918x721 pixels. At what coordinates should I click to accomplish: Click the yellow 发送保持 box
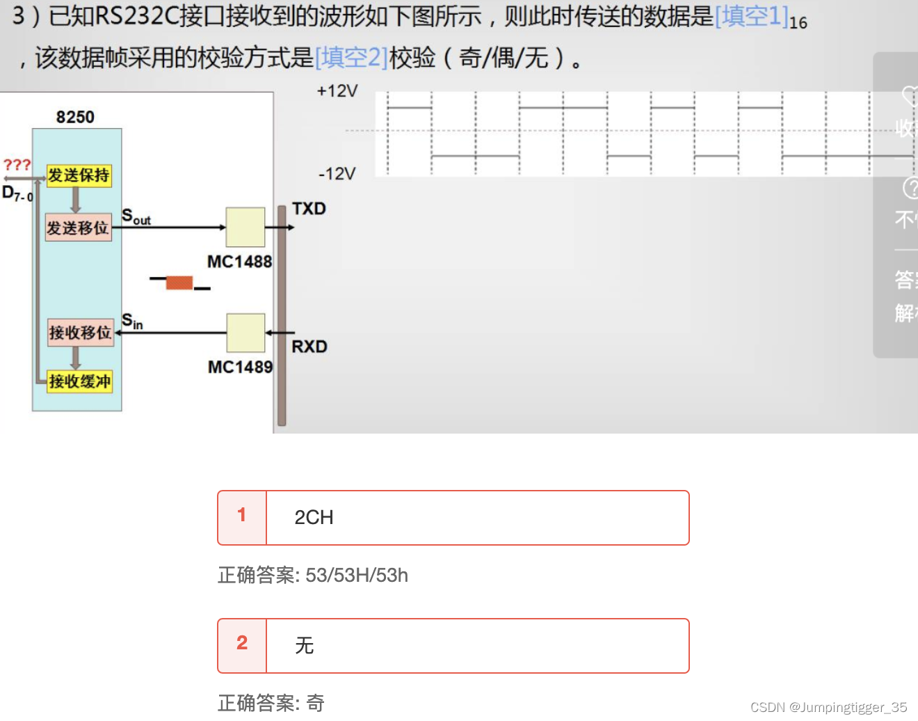[79, 175]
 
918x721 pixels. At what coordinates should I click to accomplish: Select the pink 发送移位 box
[78, 228]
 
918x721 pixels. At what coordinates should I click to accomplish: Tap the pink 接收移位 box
[80, 333]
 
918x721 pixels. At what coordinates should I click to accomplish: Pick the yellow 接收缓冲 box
[79, 381]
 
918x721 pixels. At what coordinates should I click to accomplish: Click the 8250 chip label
[75, 117]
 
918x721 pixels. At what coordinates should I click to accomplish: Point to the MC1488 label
[239, 262]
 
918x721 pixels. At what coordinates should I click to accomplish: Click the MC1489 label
[240, 367]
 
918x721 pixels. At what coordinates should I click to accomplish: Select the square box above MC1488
[245, 227]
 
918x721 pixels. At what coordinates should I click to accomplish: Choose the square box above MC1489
[245, 333]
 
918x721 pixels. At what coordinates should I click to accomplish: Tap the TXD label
[309, 209]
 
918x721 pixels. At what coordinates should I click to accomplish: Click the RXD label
[309, 347]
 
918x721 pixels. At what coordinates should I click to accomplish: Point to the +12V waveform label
[337, 91]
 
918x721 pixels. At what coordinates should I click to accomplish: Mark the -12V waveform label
[337, 173]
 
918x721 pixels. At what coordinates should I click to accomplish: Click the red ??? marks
[17, 165]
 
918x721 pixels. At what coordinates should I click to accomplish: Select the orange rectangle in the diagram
[179, 282]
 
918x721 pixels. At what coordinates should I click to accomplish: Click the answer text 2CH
[314, 518]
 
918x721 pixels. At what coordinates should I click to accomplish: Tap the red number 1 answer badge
[242, 515]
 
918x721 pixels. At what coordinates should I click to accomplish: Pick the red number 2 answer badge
[242, 643]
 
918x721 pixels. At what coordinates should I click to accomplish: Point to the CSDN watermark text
[828, 707]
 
